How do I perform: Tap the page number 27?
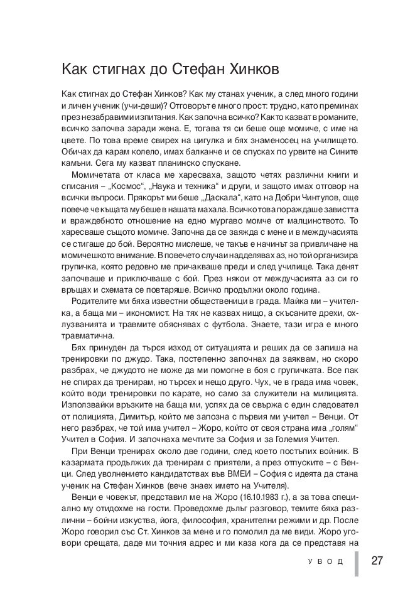click(377, 561)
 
